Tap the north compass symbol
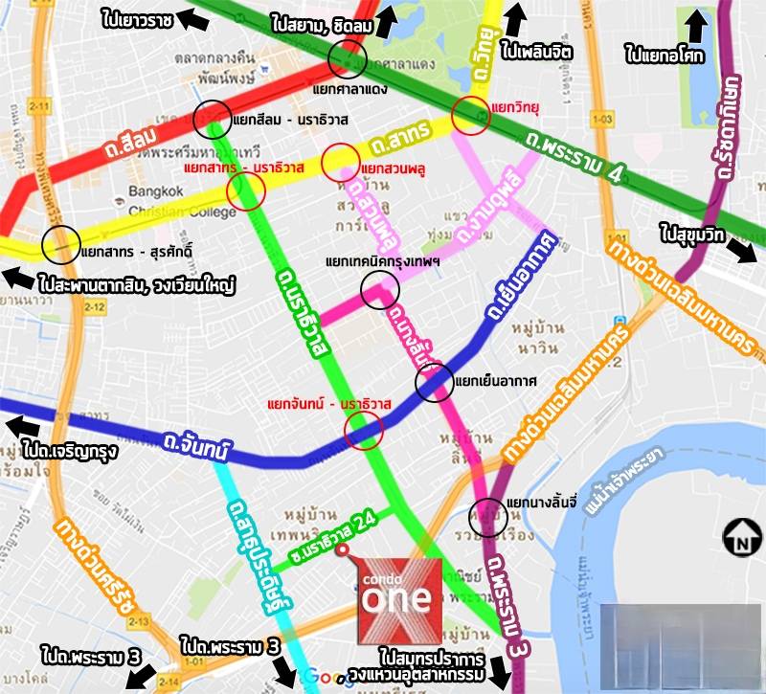(740, 536)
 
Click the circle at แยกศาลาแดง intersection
(346, 59)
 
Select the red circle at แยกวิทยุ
(472, 115)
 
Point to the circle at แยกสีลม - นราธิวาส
(212, 119)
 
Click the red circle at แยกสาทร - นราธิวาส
(245, 190)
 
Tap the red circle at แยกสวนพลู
(341, 163)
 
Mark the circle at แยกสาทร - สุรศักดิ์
(61, 246)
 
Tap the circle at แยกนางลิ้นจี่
(487, 518)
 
